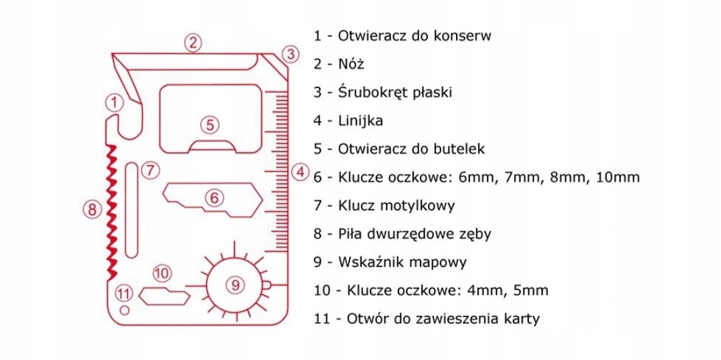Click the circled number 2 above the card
192,42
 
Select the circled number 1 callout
115,103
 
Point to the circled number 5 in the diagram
210,124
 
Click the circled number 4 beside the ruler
300,172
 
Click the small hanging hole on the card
123,310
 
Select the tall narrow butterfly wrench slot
132,208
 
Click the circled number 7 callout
152,170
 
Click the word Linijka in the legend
360,121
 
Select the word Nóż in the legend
351,64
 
